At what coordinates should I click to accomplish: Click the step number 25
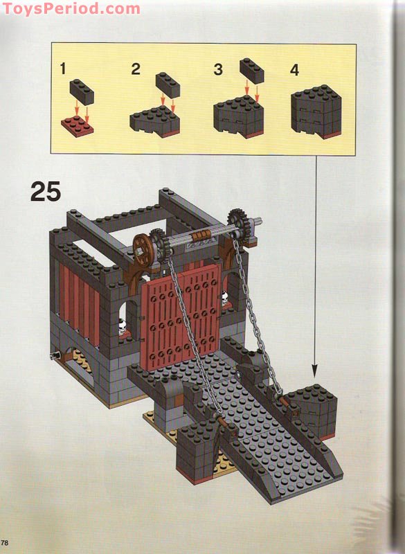click(46, 190)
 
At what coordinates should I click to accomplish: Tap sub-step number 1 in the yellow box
click(63, 69)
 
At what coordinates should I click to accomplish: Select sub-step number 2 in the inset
click(136, 69)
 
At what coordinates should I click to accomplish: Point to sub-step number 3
click(218, 69)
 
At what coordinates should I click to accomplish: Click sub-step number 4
click(295, 71)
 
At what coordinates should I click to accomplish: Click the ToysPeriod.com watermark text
click(71, 9)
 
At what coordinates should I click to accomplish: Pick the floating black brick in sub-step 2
click(168, 84)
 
